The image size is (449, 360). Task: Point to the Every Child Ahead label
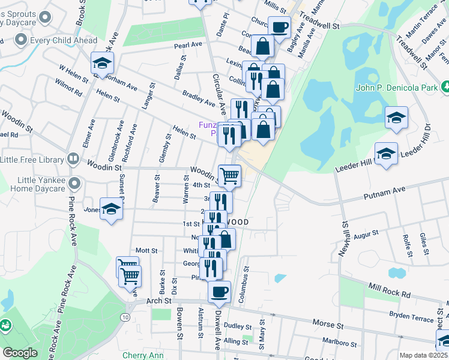pos(55,40)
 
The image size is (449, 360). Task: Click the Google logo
pos(19,352)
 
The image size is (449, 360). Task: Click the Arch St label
pos(159,300)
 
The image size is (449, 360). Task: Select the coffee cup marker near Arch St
pos(219,292)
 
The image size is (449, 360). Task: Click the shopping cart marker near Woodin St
pos(229,175)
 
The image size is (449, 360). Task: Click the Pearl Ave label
pos(188,45)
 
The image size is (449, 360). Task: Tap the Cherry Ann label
pos(143,355)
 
